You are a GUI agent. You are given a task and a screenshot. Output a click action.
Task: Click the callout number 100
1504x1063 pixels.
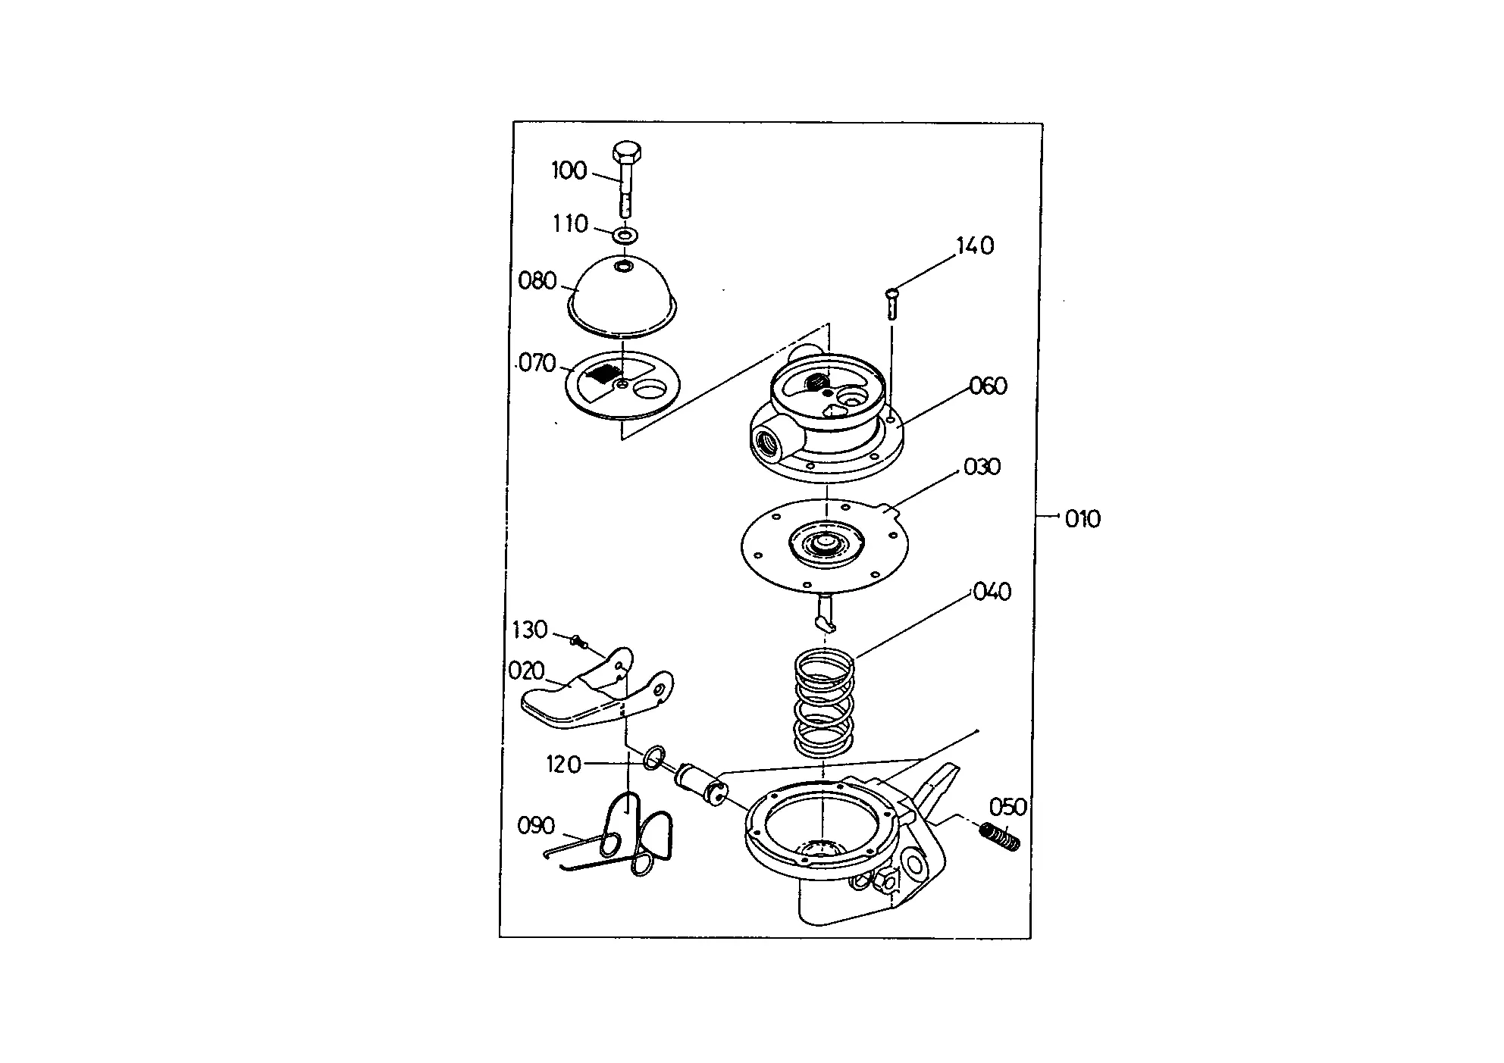click(x=569, y=170)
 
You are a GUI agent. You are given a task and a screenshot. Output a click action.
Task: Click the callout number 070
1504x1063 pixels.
click(x=537, y=364)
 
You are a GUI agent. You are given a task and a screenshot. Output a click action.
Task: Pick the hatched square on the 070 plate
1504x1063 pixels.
click(x=605, y=373)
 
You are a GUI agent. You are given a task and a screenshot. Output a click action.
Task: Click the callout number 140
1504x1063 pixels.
click(x=975, y=245)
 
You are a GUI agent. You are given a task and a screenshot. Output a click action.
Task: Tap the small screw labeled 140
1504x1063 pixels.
click(x=892, y=304)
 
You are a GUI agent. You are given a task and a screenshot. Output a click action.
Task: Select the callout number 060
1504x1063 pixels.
click(x=989, y=386)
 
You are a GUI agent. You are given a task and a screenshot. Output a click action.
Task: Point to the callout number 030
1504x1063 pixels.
click(x=982, y=467)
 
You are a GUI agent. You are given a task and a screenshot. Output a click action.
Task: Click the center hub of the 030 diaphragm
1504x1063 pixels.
click(x=826, y=542)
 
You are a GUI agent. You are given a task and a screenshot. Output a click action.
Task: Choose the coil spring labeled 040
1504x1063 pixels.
click(x=825, y=704)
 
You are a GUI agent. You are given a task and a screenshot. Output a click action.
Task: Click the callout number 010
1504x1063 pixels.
click(x=1083, y=519)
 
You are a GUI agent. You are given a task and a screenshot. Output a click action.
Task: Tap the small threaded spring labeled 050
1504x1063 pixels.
click(x=1001, y=837)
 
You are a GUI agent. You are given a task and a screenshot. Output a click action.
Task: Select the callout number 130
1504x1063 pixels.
click(x=529, y=630)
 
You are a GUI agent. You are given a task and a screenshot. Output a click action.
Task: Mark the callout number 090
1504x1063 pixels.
click(x=536, y=825)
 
